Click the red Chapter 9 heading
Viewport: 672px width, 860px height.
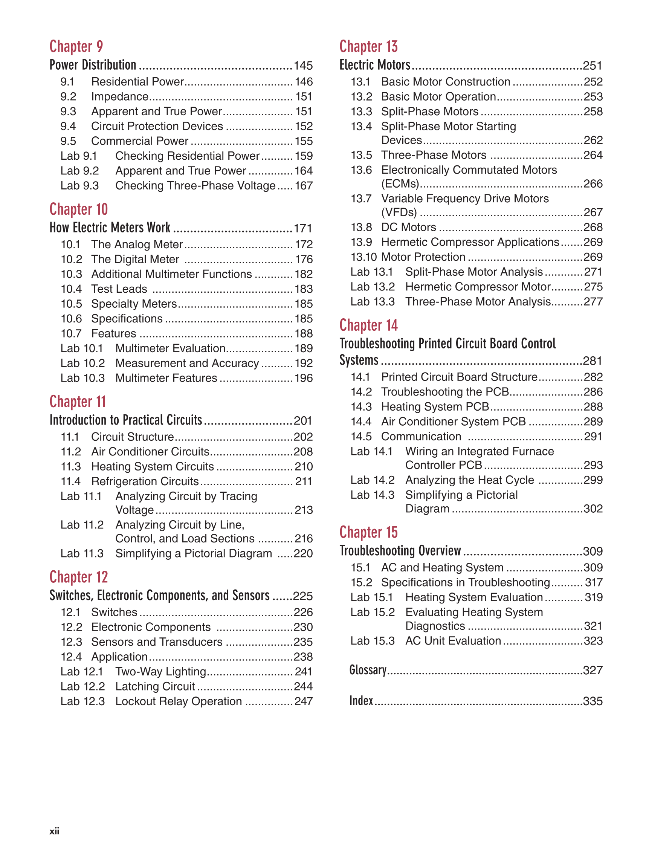tap(76, 46)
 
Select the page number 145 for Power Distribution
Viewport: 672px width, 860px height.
tap(303, 66)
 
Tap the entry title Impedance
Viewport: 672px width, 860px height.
tap(120, 96)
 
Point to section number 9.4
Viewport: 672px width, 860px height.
tap(68, 127)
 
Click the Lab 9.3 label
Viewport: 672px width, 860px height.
tap(79, 186)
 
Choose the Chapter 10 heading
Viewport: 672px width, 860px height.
tap(78, 209)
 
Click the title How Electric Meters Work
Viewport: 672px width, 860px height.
tap(110, 228)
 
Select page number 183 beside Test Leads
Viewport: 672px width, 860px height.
tap(304, 289)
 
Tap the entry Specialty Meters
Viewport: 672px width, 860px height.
tap(134, 304)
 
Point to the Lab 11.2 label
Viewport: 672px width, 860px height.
tap(82, 525)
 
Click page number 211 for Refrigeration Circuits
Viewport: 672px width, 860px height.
tap(304, 481)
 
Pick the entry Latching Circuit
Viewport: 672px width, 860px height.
tap(155, 686)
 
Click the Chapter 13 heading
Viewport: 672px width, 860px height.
tap(368, 46)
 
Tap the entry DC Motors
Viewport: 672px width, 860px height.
tap(408, 227)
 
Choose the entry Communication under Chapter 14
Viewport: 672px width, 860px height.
tap(421, 437)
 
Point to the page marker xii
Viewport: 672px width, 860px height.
tap(54, 831)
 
